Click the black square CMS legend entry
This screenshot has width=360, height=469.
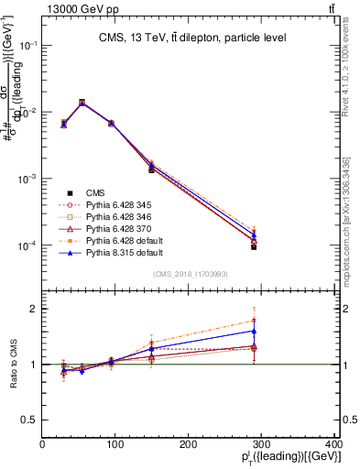[x=95, y=192]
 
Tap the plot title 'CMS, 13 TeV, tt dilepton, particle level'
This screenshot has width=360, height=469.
[x=191, y=38]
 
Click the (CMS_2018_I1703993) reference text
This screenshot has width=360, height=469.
[x=190, y=274]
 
